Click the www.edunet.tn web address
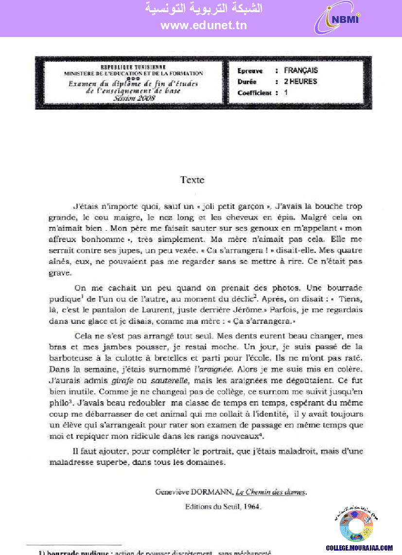(204, 26)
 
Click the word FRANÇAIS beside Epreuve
(301, 71)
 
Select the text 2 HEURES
(300, 82)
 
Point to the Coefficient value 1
(286, 92)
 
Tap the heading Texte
(192, 180)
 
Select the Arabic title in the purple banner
(204, 9)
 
